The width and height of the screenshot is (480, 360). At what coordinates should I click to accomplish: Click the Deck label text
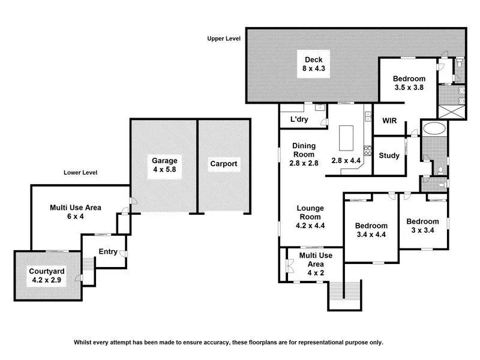click(x=313, y=59)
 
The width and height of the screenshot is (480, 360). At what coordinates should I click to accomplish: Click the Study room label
click(x=389, y=156)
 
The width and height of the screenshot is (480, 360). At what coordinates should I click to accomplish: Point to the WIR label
click(x=389, y=120)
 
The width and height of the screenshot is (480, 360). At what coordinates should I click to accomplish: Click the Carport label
click(x=223, y=164)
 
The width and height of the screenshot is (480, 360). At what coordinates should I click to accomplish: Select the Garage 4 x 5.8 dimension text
click(x=164, y=170)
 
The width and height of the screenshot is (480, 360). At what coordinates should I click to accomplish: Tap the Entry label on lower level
click(x=108, y=251)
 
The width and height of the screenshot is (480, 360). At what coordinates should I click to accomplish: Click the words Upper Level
click(x=224, y=38)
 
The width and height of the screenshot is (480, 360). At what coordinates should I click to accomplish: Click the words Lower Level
click(x=80, y=173)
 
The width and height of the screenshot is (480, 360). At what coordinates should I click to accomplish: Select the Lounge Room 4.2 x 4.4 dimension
click(x=310, y=226)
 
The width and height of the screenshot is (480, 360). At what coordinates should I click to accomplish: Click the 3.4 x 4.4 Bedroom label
click(x=371, y=230)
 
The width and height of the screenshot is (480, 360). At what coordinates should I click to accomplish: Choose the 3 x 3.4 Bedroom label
click(x=425, y=225)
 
